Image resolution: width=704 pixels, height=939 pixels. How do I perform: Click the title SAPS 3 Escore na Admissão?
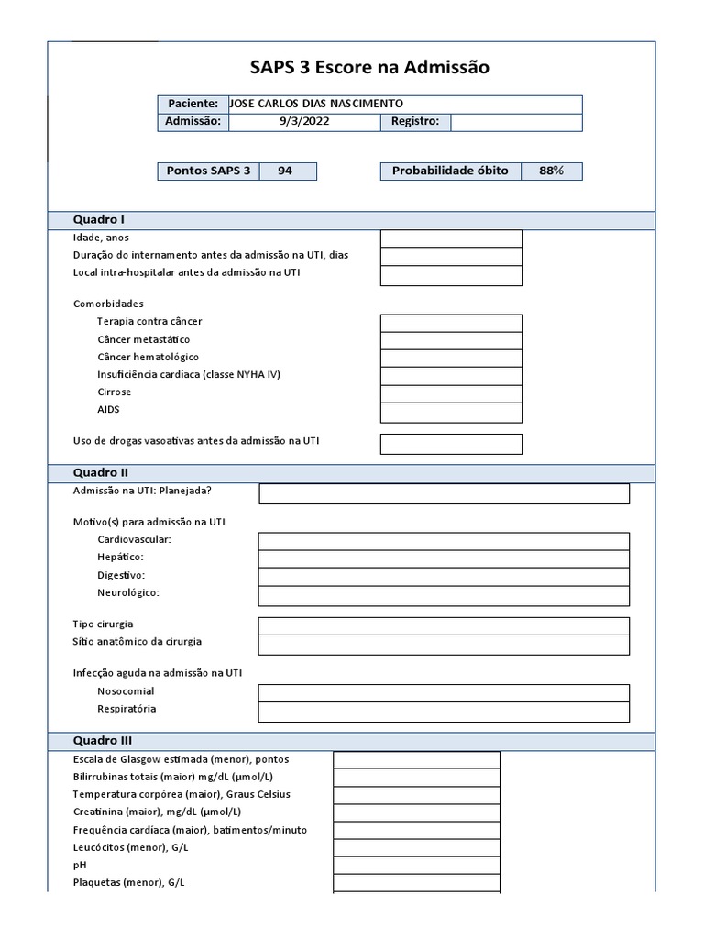tap(369, 67)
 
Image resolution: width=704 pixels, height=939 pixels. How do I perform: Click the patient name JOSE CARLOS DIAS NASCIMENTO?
tap(315, 104)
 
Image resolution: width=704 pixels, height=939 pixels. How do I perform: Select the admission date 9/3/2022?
tap(303, 122)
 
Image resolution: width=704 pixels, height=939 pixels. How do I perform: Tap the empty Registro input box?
tap(516, 122)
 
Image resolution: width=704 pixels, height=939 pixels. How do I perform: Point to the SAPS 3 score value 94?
tap(285, 171)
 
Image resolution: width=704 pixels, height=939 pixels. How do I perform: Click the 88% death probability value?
tap(551, 171)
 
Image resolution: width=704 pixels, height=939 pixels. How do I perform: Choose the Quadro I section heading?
tap(99, 220)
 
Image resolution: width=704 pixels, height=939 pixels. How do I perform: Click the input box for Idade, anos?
tap(451, 238)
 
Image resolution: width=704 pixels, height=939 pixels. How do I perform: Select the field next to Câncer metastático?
tap(451, 340)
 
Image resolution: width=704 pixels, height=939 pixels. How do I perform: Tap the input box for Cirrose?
tap(451, 393)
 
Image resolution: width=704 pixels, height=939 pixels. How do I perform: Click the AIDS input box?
tap(451, 412)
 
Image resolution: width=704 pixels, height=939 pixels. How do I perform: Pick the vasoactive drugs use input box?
tap(451, 444)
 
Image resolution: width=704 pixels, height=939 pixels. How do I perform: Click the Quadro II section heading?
tap(101, 473)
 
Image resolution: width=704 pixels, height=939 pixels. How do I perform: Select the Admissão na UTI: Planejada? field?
tap(444, 493)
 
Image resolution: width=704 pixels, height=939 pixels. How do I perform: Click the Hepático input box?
tap(444, 558)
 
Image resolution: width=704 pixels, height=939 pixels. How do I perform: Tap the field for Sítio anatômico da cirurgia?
tap(444, 645)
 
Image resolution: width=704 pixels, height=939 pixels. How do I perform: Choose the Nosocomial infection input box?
tap(444, 692)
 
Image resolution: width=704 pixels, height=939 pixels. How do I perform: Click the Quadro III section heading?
tap(103, 741)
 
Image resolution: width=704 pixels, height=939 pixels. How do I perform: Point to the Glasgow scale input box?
tap(416, 759)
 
